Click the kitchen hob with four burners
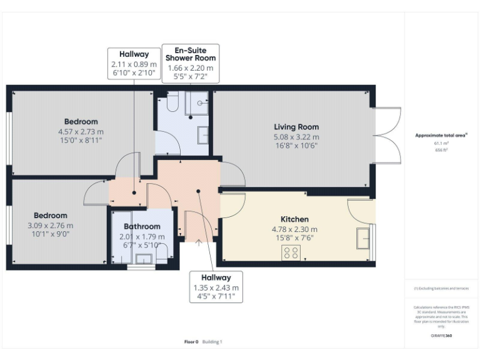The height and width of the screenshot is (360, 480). [x=291, y=252]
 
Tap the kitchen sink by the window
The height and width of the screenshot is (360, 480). [x=362, y=238]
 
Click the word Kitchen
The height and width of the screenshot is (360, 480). [x=294, y=219]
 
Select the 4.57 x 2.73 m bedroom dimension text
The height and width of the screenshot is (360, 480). [x=81, y=132]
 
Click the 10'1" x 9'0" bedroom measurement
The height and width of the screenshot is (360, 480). [x=51, y=235]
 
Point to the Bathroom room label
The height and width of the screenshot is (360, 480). [x=142, y=226]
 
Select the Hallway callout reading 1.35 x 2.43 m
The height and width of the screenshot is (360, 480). [x=216, y=287]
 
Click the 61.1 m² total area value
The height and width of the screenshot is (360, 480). [x=441, y=143]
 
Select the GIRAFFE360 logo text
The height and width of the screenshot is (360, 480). [x=441, y=336]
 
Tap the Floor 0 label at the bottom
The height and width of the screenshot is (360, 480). [x=191, y=342]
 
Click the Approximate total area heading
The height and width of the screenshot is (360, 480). [x=441, y=135]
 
